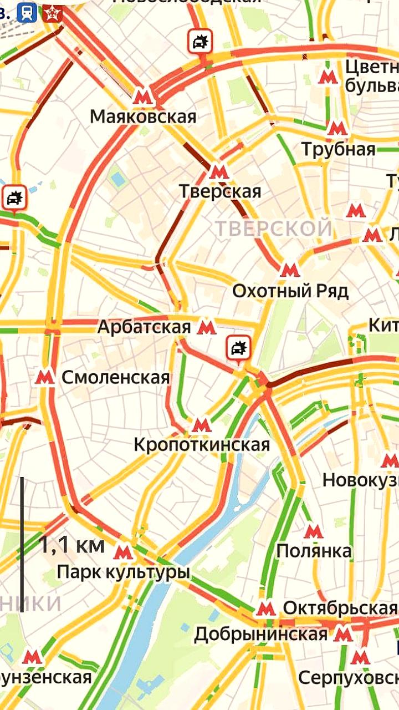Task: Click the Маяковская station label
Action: click(x=143, y=117)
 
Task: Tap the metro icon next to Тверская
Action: click(x=219, y=170)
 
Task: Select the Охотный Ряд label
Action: click(x=290, y=291)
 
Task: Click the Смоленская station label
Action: click(x=115, y=378)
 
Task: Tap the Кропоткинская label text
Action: click(x=202, y=445)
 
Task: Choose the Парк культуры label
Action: click(x=123, y=572)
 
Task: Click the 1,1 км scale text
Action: click(x=71, y=545)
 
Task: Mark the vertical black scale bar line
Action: click(x=22, y=544)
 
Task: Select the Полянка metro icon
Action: click(x=314, y=531)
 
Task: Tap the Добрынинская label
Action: click(x=260, y=634)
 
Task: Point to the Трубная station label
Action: click(x=338, y=149)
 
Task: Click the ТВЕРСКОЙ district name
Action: click(x=274, y=228)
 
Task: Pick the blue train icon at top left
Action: click(x=27, y=12)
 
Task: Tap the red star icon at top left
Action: click(x=52, y=12)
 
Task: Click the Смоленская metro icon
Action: click(x=44, y=378)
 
